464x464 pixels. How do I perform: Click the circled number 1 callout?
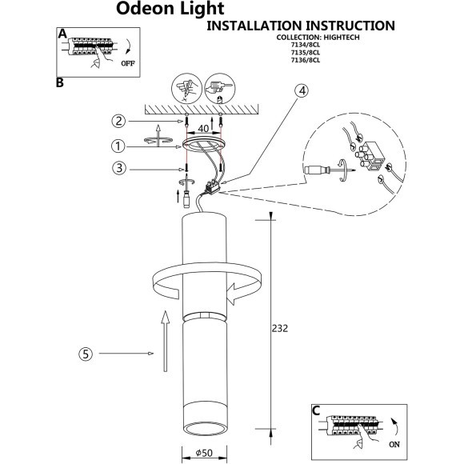(118, 146)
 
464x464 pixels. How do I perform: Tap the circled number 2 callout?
(118, 121)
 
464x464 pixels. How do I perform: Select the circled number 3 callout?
(119, 168)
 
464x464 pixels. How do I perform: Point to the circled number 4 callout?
(302, 91)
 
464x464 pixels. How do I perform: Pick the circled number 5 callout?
(86, 354)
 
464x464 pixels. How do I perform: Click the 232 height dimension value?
(280, 329)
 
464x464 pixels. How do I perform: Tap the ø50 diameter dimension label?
(204, 453)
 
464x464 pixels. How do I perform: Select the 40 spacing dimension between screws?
(203, 129)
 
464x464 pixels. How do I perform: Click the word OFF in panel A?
(128, 63)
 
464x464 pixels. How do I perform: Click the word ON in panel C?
(394, 444)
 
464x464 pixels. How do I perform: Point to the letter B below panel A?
(60, 82)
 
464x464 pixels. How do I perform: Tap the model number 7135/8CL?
(306, 53)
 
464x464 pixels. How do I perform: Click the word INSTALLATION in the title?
(254, 26)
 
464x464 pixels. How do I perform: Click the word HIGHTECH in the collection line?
(342, 38)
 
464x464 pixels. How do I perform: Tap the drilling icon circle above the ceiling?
(220, 89)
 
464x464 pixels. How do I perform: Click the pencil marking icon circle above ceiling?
(186, 89)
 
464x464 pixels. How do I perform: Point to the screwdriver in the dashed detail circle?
(330, 170)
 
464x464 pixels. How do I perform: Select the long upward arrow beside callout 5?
(166, 341)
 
